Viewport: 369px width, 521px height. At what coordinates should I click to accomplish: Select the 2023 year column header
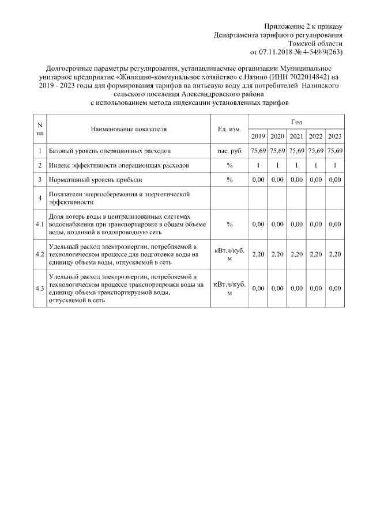(x=334, y=136)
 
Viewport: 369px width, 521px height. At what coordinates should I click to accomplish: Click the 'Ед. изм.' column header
(x=229, y=130)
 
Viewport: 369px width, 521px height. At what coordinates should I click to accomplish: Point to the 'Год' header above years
(x=296, y=122)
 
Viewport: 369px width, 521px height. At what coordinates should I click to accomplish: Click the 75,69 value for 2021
(x=296, y=150)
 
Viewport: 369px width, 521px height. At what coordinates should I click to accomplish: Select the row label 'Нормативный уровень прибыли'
(x=96, y=180)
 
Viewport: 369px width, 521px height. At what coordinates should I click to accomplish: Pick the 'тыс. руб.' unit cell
(x=229, y=150)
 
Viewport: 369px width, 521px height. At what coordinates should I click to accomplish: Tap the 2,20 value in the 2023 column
(x=334, y=254)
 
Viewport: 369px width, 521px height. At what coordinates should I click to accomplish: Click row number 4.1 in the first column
(x=40, y=224)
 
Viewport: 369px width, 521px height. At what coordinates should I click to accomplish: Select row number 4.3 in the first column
(x=40, y=288)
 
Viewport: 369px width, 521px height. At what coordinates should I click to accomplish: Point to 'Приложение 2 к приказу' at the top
(x=303, y=27)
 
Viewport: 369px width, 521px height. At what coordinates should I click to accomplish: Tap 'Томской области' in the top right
(x=316, y=43)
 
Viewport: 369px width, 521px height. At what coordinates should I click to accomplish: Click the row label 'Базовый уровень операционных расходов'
(x=110, y=150)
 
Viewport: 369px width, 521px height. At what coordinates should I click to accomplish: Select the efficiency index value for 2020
(x=277, y=165)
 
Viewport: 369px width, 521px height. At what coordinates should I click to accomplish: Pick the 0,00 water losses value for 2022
(x=315, y=224)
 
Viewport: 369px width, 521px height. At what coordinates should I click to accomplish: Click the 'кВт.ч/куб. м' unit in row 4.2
(x=229, y=254)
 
